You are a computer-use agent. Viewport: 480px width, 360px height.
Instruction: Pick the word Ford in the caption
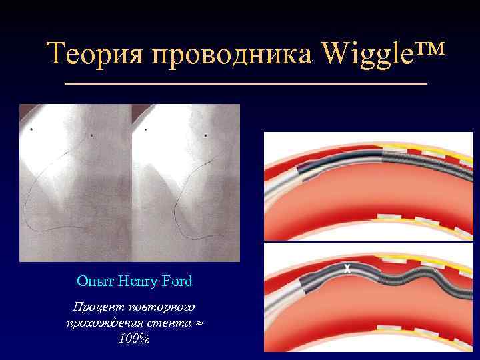(x=177, y=281)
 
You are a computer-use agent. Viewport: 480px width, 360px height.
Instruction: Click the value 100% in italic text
(x=133, y=339)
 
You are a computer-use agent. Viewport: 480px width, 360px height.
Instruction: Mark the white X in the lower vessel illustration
(x=347, y=269)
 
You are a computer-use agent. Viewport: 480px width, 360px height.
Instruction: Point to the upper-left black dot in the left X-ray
(x=32, y=129)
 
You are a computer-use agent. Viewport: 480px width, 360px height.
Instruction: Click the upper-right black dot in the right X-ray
(x=205, y=136)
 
